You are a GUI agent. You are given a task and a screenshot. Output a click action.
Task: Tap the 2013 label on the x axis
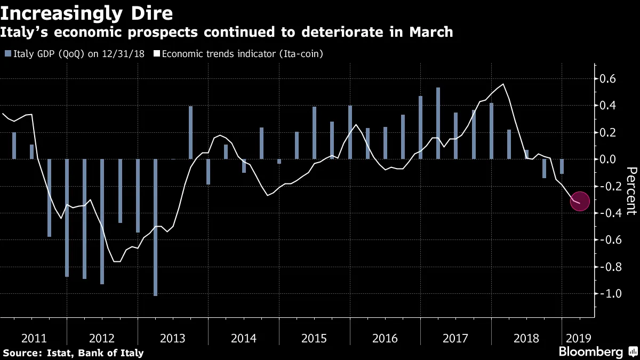click(x=173, y=338)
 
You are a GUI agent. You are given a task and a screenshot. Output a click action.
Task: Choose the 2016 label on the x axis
click(x=385, y=338)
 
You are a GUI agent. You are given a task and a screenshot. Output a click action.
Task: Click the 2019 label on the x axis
click(x=579, y=338)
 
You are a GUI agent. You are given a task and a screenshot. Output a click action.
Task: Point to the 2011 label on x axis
click(x=32, y=338)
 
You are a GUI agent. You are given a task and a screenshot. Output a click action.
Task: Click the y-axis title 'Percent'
click(x=631, y=190)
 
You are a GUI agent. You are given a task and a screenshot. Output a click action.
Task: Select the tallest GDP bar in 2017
click(x=438, y=123)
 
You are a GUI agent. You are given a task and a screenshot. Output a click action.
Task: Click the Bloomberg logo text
click(x=590, y=352)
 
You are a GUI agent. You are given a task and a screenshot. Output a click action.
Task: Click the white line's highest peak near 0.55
click(x=503, y=84)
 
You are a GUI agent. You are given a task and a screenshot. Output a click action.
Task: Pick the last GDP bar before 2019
click(x=562, y=166)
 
